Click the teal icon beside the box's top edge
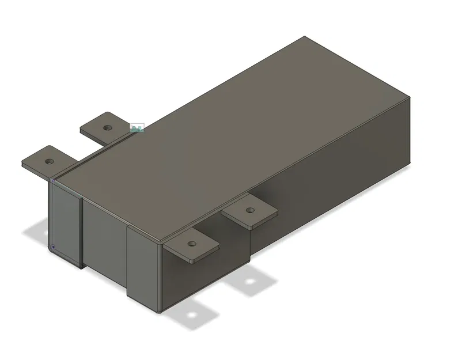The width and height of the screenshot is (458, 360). [137, 128]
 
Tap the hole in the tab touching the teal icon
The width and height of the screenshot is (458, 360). [107, 127]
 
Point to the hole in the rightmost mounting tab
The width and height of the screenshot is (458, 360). [249, 210]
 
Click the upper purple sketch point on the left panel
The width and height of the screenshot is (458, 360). [53, 181]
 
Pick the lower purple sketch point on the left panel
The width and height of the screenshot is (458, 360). [53, 248]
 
